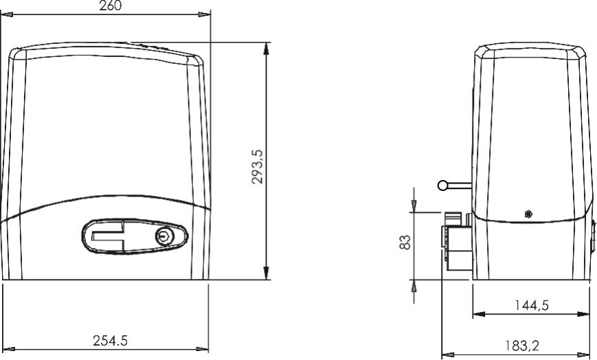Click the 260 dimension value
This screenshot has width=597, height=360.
pyautogui.click(x=110, y=5)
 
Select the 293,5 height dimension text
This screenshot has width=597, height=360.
pyautogui.click(x=258, y=166)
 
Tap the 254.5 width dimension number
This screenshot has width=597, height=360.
pyautogui.click(x=110, y=340)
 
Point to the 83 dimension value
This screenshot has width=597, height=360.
pyautogui.click(x=405, y=242)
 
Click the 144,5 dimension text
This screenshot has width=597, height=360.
pyautogui.click(x=532, y=305)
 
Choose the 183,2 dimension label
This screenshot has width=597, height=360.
pyautogui.click(x=522, y=346)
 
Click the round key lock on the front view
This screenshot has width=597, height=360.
pyautogui.click(x=164, y=236)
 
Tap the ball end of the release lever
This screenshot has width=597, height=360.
pyautogui.click(x=443, y=185)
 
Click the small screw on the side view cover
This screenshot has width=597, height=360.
pyautogui.click(x=528, y=214)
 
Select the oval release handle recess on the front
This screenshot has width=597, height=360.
pyautogui.click(x=135, y=236)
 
